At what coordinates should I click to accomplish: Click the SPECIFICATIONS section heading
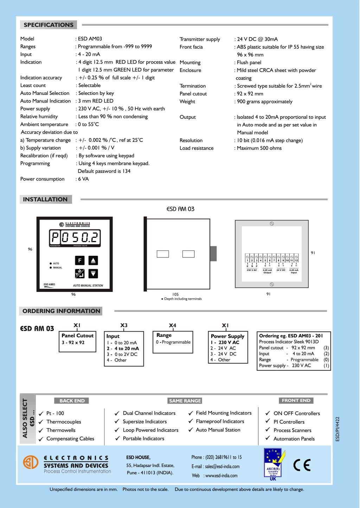(x=49, y=25)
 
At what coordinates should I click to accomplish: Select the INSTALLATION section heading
(x=45, y=200)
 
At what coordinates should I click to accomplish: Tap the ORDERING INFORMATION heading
(x=61, y=311)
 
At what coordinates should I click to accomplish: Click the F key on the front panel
(x=80, y=260)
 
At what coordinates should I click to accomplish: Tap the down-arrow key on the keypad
(x=93, y=273)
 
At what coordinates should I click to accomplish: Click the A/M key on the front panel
(x=80, y=273)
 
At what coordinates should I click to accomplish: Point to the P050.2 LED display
(x=75, y=237)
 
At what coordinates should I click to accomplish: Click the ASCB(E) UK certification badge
(x=273, y=464)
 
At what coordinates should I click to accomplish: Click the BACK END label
(x=72, y=401)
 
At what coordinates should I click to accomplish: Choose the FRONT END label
(x=296, y=400)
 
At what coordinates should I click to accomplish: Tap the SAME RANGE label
(x=185, y=401)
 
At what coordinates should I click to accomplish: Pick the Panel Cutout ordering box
(x=78, y=341)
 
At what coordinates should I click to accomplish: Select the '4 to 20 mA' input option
(x=126, y=349)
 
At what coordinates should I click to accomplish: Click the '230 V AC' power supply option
(x=229, y=342)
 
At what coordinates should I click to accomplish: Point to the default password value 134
(x=127, y=171)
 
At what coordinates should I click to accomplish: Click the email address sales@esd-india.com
(x=222, y=467)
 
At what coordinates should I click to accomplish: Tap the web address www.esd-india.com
(x=221, y=476)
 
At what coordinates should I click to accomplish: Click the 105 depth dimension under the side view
(x=175, y=294)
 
